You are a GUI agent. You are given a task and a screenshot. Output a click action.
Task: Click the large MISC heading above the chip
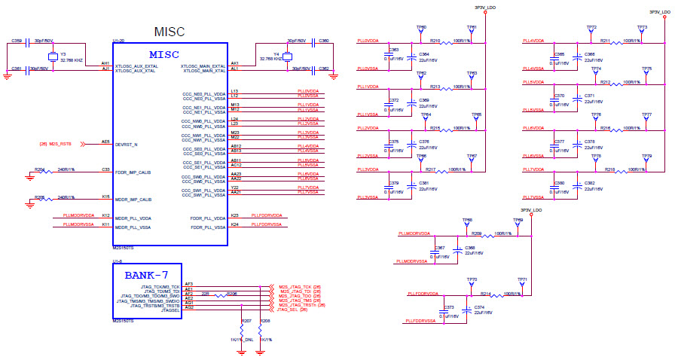(170, 32)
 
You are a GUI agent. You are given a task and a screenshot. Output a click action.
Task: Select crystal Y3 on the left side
(53, 57)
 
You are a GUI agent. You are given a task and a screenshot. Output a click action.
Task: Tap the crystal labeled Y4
(287, 57)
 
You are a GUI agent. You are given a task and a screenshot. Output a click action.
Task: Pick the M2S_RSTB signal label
(55, 143)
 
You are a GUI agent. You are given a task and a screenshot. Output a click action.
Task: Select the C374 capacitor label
(478, 307)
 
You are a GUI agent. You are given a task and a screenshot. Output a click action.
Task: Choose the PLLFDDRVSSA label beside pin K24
(266, 225)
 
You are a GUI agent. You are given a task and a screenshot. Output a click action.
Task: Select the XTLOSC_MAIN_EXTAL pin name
(204, 66)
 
